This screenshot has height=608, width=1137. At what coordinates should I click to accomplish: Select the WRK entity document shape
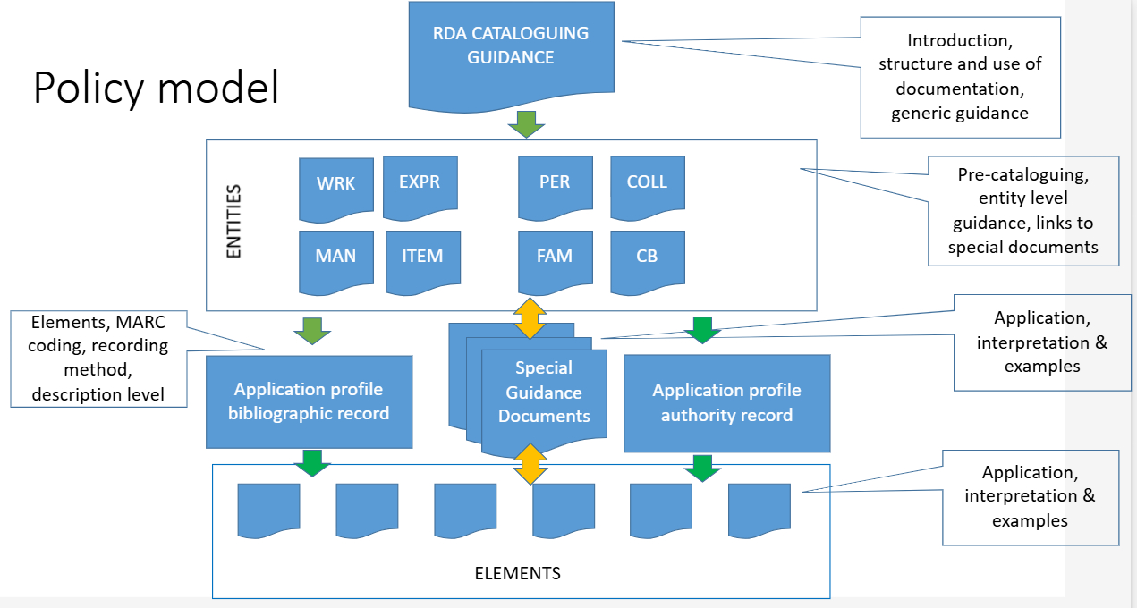point(335,185)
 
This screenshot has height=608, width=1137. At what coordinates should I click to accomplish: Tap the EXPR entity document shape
point(420,183)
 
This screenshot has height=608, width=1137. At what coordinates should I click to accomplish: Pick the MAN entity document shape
point(335,258)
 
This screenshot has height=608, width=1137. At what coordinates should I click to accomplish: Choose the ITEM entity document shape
point(422,258)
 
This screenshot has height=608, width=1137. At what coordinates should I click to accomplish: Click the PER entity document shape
point(555,183)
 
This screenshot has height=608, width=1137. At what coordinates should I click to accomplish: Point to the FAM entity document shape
point(555,258)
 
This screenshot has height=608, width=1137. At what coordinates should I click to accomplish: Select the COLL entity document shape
point(647,183)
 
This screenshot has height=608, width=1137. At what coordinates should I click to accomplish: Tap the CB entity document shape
point(647,258)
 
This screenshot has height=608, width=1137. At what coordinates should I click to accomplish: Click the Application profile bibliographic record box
point(309,401)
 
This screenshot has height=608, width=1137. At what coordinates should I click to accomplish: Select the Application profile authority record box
point(726,403)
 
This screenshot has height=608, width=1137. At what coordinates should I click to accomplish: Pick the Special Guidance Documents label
point(544,393)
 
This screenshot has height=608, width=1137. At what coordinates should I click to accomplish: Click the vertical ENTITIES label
point(233,222)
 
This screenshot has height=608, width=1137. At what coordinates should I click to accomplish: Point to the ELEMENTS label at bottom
point(517,573)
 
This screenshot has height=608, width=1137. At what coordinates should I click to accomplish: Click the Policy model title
point(156,89)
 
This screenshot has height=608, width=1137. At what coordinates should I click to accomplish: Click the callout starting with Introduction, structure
point(960,77)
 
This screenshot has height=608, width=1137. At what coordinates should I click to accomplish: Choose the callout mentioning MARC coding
point(99,358)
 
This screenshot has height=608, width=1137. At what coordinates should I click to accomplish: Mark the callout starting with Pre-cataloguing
point(1023,211)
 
